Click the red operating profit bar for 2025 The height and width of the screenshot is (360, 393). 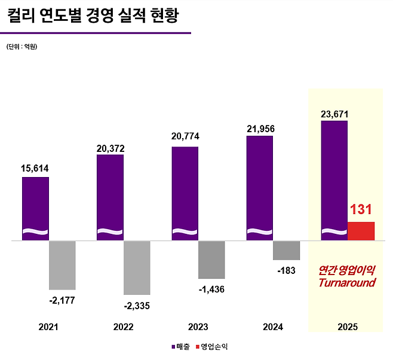[361, 231]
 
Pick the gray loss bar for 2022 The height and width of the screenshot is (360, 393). [137, 267]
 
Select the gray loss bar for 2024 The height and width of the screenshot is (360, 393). [286, 250]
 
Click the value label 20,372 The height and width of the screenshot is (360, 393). [110, 147]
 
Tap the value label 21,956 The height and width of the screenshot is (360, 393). [259, 128]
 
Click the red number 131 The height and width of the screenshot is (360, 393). [361, 209]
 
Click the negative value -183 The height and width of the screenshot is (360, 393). [286, 270]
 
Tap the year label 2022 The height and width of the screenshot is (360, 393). [123, 327]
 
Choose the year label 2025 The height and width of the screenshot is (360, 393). [347, 327]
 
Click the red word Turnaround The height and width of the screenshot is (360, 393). [347, 282]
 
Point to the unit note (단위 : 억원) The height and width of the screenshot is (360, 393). [22, 46]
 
